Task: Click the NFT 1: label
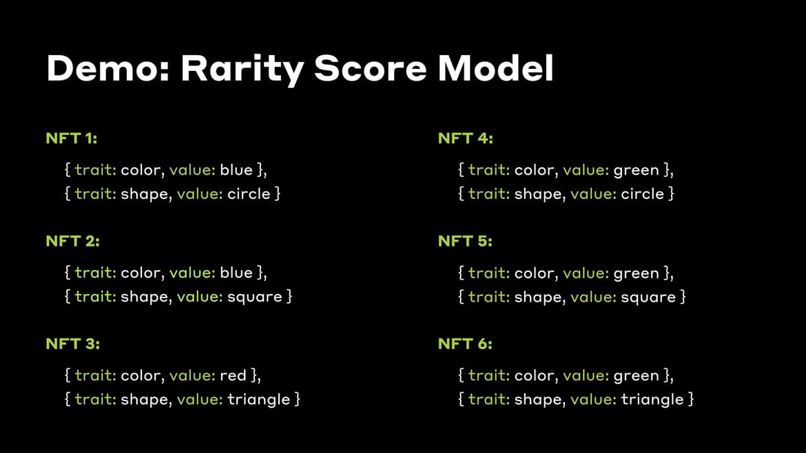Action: click(x=72, y=138)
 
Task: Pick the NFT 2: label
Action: click(x=73, y=241)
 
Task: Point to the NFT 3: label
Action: click(x=73, y=344)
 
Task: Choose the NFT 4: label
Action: click(x=466, y=138)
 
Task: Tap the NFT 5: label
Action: click(x=466, y=241)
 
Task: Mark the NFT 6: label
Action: click(x=466, y=344)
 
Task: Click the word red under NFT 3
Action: click(x=233, y=375)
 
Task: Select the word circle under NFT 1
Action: click(x=249, y=194)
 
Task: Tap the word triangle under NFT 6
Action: click(x=652, y=400)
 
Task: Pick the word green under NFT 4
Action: click(x=636, y=170)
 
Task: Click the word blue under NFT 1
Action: click(x=236, y=170)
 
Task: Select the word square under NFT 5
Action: click(x=648, y=297)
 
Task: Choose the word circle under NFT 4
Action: click(x=642, y=194)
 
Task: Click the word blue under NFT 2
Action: click(x=236, y=273)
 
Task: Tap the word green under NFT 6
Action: click(x=636, y=376)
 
